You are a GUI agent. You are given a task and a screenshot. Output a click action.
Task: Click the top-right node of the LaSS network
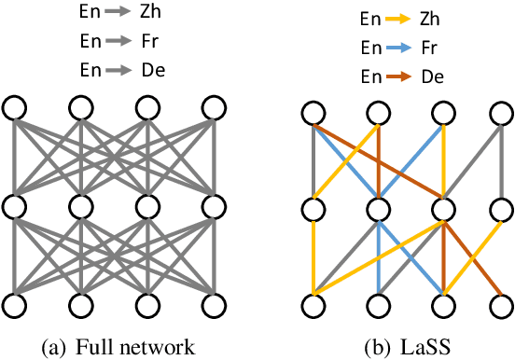click(x=503, y=114)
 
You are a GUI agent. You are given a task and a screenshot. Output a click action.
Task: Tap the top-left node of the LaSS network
click(x=313, y=114)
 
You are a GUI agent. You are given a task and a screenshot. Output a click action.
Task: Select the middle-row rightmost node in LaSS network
click(x=503, y=205)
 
